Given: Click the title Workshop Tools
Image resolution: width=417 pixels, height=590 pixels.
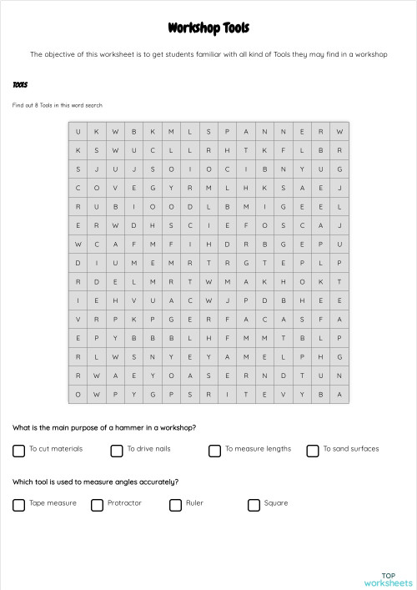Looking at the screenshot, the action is tap(208, 29).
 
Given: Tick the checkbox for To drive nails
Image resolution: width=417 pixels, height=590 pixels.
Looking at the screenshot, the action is tap(117, 451).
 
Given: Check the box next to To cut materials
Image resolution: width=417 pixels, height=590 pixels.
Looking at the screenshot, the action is tap(18, 451).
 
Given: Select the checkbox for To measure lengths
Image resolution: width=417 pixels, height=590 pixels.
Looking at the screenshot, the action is tap(214, 451).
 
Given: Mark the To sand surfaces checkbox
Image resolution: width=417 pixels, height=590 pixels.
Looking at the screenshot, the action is tap(313, 451).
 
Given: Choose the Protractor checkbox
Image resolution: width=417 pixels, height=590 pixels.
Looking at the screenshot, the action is tap(97, 505).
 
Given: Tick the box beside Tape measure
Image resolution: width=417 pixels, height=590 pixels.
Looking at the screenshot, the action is tap(18, 505).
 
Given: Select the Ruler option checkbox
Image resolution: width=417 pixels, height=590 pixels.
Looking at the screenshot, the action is tap(175, 505).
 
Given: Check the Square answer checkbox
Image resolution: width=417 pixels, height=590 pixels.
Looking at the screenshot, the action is tap(254, 505).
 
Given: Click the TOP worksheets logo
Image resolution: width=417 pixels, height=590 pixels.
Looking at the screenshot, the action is tap(388, 578).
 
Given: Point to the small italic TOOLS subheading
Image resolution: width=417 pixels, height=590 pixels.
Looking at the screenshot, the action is tap(20, 85).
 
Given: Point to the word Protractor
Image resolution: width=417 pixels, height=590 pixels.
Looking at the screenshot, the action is tap(124, 503).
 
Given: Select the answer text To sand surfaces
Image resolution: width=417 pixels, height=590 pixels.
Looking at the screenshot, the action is tap(351, 449).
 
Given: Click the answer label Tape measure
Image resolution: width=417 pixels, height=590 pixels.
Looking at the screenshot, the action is tap(53, 503).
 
